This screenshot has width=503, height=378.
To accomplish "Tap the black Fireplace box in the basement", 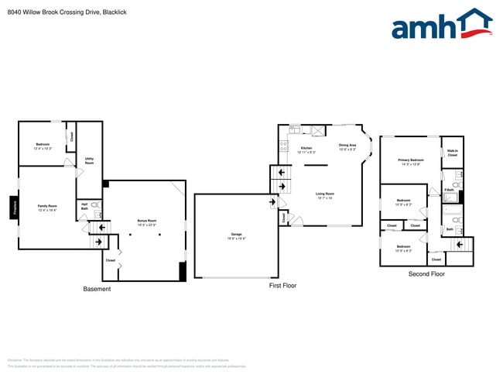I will click(x=14, y=207).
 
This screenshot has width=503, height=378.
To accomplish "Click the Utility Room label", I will click(x=89, y=161).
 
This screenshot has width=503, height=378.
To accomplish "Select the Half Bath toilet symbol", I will click(x=95, y=205).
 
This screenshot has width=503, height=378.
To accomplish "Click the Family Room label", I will click(x=47, y=208).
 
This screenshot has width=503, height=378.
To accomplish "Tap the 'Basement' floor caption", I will click(x=97, y=289).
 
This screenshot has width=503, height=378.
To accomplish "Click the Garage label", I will click(x=236, y=235).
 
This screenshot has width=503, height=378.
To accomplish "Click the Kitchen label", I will click(x=306, y=149).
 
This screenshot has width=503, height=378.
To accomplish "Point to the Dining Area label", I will click(x=347, y=146).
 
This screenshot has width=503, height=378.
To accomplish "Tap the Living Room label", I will click(x=324, y=195).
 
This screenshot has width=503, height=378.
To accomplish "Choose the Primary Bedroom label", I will click(x=410, y=162).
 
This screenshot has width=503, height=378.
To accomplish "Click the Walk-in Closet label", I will click(x=453, y=153).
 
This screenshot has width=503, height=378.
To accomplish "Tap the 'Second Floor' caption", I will click(x=426, y=274).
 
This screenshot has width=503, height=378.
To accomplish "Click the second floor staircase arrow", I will click(x=460, y=246).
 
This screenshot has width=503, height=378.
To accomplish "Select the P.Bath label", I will click(x=449, y=190).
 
